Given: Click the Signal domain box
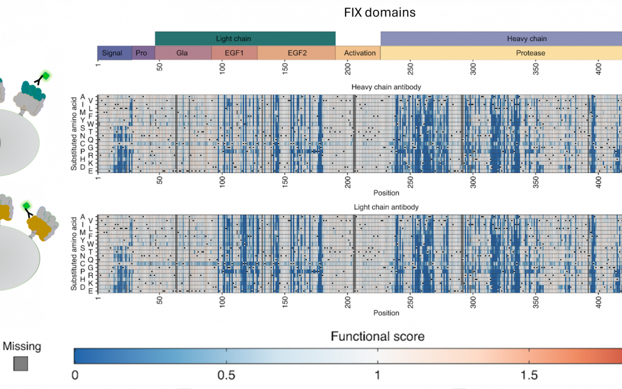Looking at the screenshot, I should (112, 53).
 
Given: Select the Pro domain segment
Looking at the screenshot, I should (141, 53).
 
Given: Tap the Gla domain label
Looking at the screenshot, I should (183, 53).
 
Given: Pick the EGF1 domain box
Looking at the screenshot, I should (234, 53).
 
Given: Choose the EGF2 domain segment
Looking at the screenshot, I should (296, 53).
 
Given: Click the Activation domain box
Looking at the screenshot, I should (359, 53).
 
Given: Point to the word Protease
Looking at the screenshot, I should (530, 53).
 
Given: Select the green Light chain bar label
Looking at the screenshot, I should (233, 39).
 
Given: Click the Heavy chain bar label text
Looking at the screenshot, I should (526, 39).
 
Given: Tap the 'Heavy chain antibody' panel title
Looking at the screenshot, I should (386, 87).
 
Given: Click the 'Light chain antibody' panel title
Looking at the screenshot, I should (386, 207).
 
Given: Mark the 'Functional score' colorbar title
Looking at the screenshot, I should (377, 336).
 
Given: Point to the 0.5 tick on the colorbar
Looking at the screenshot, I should (226, 375).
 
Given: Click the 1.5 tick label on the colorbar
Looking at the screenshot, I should (529, 375).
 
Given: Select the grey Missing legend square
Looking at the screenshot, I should (21, 364).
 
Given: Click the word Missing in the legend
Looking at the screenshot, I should (22, 346).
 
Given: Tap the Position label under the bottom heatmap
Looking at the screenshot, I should (386, 313).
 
